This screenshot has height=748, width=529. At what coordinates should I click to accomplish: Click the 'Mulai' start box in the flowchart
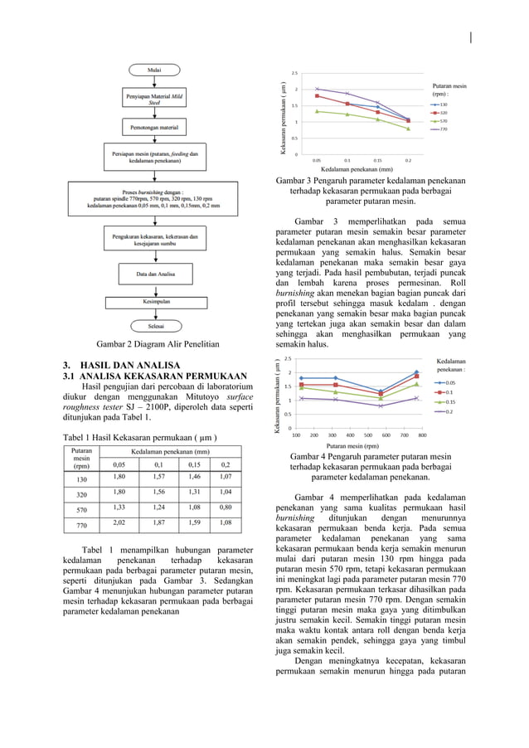tap(154, 70)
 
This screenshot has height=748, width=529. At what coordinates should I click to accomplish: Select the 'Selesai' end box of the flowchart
tap(154, 327)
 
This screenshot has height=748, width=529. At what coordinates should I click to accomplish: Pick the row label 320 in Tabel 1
tap(82, 493)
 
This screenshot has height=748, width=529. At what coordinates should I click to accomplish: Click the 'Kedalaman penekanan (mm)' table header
tap(172, 450)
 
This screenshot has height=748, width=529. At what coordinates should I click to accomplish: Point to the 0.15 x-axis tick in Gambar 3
tap(377, 160)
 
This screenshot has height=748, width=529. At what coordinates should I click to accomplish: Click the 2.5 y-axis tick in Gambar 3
tap(295, 74)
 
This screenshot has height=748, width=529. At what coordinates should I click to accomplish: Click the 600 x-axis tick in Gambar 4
tap(386, 434)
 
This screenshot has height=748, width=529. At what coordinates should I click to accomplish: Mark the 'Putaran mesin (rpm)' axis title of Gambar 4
tap(358, 445)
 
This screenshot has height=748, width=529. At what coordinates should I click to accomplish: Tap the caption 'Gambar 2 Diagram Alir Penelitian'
tap(156, 343)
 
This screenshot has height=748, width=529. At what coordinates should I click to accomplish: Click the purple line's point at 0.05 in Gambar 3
tap(317, 88)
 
